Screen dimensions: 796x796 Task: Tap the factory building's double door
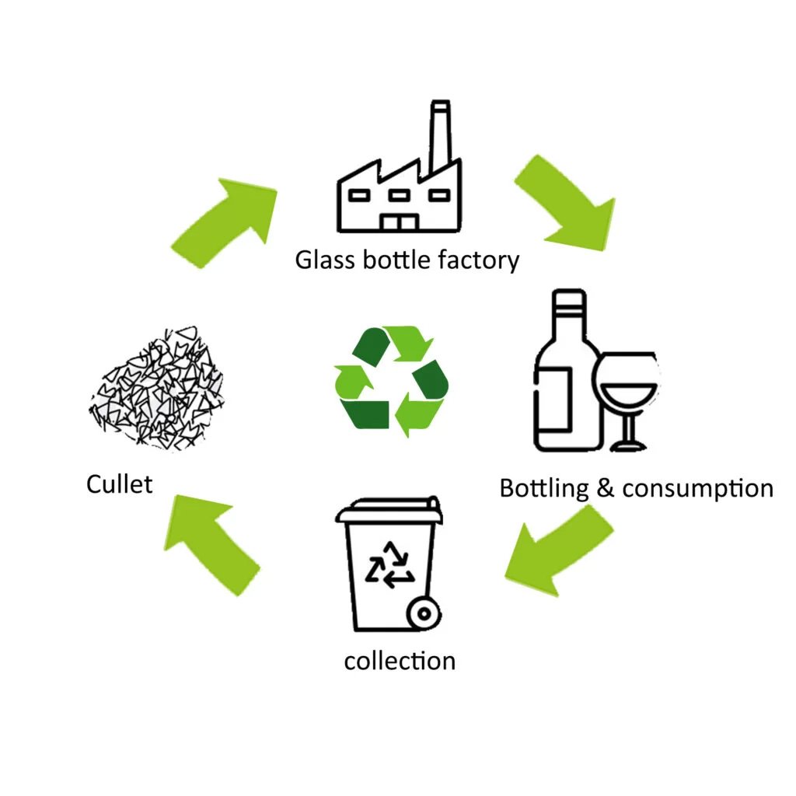coord(399,222)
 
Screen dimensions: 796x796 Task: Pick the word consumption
coord(698,489)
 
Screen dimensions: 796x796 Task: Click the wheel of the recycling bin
coord(424,613)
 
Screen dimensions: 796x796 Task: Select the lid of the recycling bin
coord(389,510)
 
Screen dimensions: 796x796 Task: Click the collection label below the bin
coord(400,661)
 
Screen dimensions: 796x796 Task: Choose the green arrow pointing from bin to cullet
coord(208,540)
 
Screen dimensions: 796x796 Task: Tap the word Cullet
coord(119,484)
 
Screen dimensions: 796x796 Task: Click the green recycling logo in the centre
coord(392,381)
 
